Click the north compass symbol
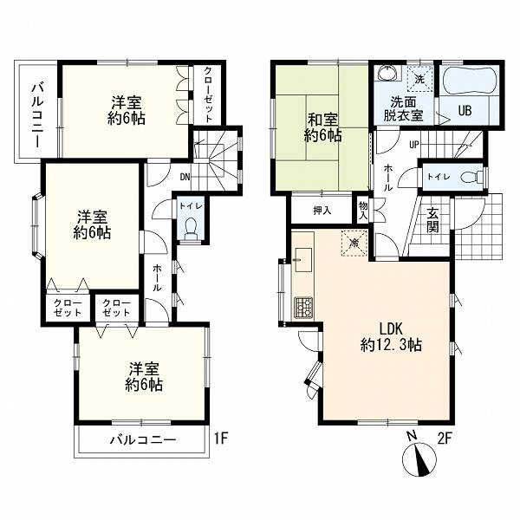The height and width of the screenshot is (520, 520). [419, 459]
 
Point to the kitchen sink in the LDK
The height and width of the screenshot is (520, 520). [303, 260]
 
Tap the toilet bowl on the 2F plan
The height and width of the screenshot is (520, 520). [471, 178]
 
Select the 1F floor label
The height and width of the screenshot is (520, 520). [220, 439]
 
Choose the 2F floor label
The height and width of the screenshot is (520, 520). [445, 439]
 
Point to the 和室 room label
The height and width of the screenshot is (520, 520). [322, 120]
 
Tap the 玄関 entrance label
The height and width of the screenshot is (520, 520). [432, 219]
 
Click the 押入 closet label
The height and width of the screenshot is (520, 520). [322, 211]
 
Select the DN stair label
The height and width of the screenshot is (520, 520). [185, 177]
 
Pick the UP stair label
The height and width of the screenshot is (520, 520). [414, 145]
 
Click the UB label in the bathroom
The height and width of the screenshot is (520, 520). [465, 110]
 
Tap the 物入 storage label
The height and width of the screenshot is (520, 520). [363, 211]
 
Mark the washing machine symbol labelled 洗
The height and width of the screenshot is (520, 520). [419, 79]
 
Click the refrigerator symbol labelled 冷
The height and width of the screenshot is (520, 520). [354, 243]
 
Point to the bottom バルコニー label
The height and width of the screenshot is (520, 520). [143, 440]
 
